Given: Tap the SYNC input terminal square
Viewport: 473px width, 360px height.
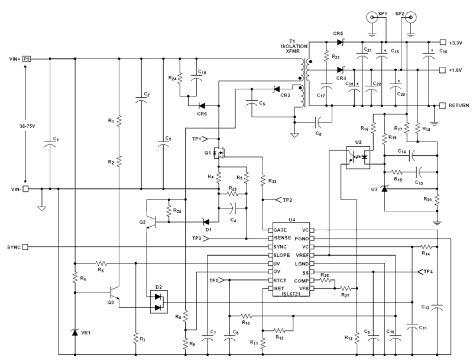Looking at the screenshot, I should pos(25,247).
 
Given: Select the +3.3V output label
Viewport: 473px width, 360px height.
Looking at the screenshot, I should pos(456,42).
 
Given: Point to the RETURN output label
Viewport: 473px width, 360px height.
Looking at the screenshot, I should pos(459,105).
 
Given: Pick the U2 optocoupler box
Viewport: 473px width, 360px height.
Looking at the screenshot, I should pos(358,158).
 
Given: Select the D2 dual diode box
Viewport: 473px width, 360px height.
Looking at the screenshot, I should pos(159,302).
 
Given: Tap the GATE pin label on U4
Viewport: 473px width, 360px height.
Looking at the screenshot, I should pos(280,230).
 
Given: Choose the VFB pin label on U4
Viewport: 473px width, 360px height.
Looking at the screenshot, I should pos(303,289).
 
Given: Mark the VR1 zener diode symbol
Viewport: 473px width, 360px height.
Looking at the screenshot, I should pos(75,332).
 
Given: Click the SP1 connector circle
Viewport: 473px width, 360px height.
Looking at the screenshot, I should pos(372,17).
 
